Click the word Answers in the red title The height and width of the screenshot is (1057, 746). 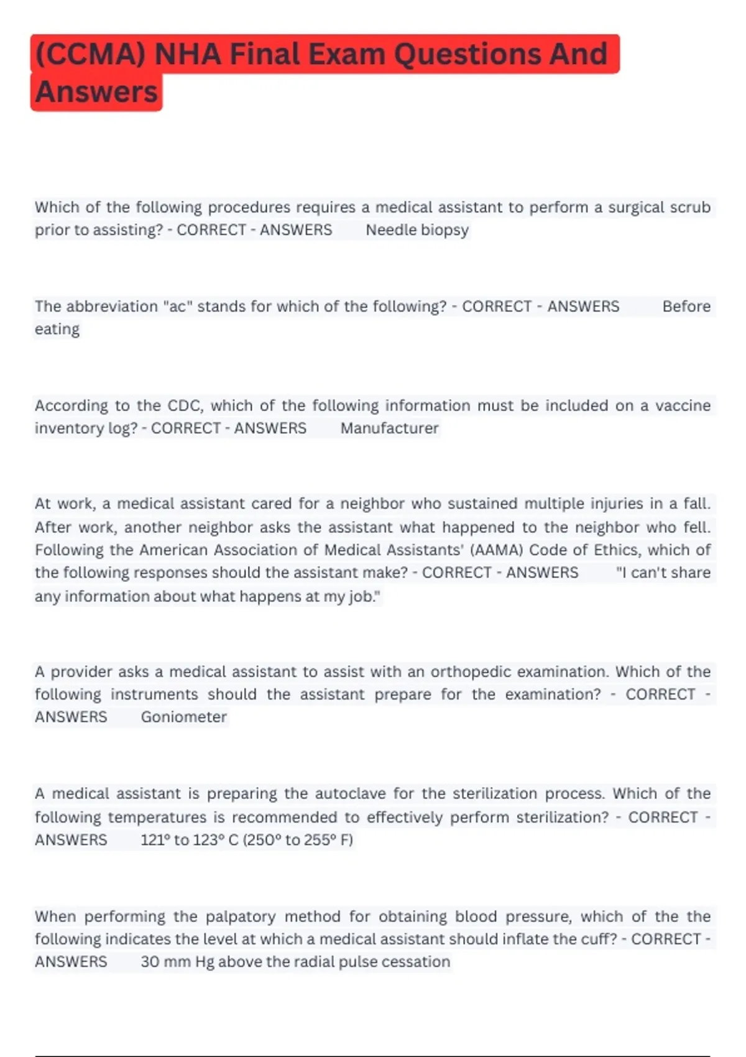[96, 92]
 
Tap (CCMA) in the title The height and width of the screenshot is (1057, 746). [90, 54]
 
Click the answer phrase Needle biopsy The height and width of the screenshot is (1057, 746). [417, 230]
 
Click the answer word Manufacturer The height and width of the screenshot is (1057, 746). [389, 428]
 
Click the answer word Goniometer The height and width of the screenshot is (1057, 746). [183, 717]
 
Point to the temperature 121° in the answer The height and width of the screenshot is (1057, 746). [155, 840]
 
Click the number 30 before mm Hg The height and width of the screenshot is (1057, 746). [150, 962]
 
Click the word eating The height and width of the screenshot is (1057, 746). [57, 330]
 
